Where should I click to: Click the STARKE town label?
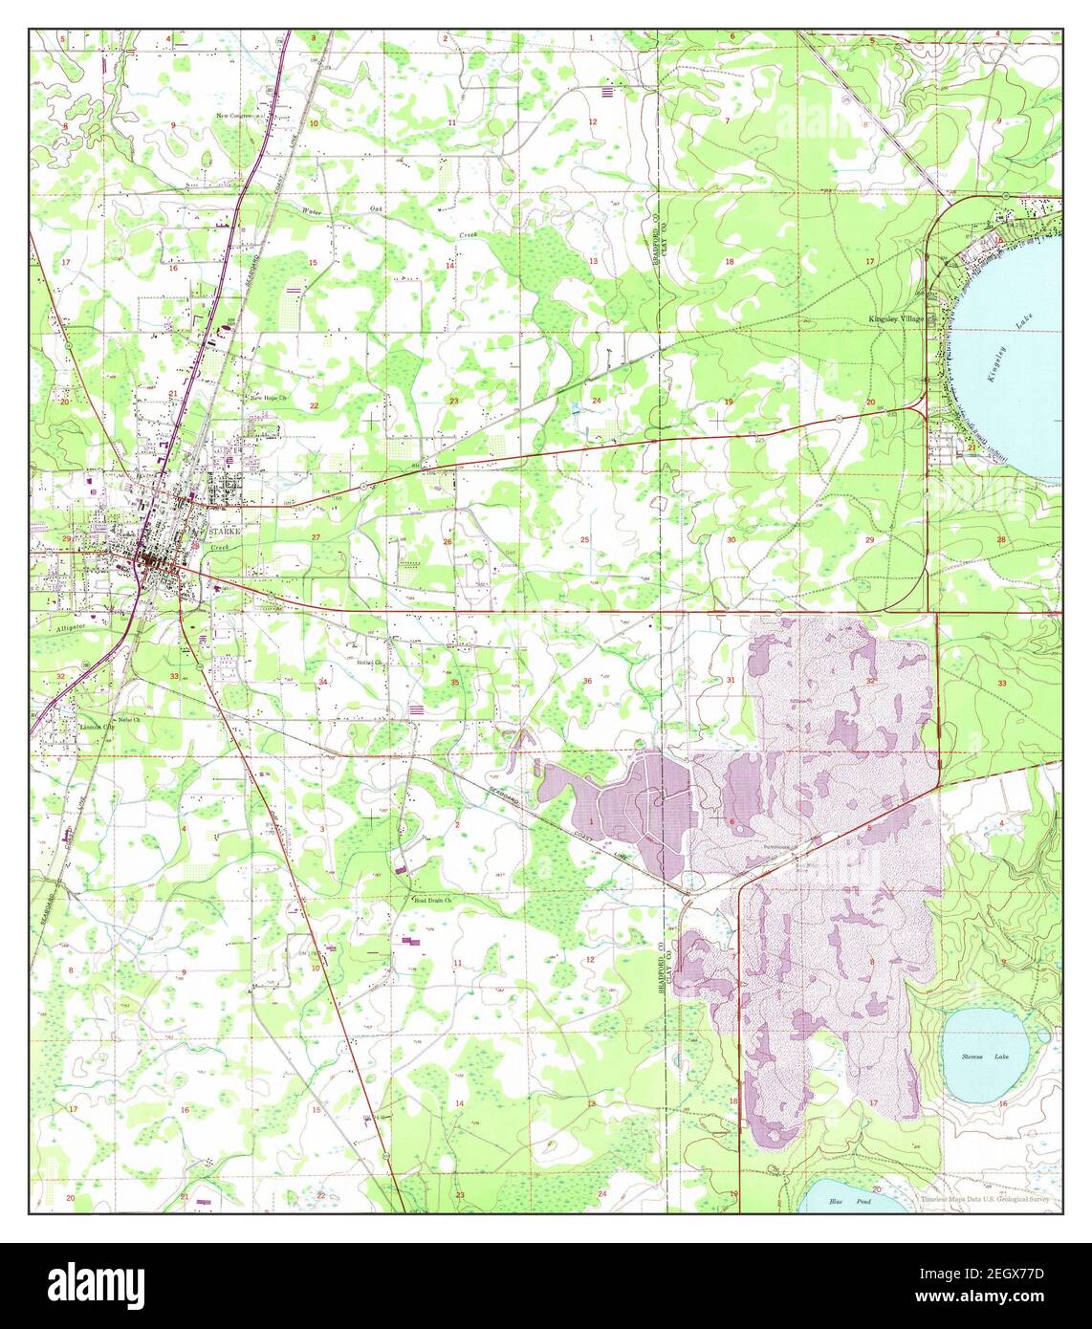coord(213,526)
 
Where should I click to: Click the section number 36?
coord(586,681)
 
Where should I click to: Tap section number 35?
coord(455,682)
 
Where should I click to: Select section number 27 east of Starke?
coord(315,537)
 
